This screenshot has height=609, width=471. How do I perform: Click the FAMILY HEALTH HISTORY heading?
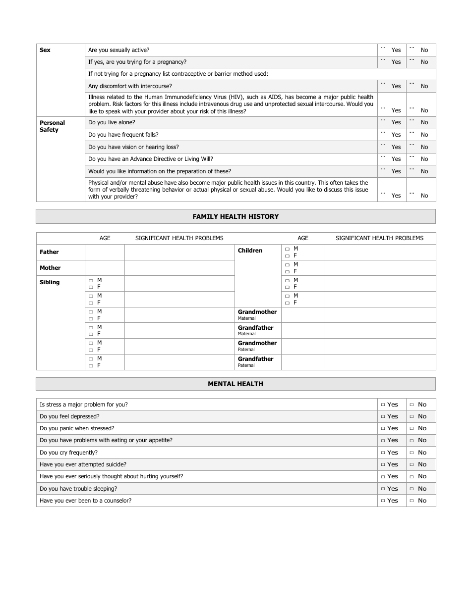coord(235,216)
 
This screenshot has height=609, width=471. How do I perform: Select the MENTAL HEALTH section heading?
coord(235,384)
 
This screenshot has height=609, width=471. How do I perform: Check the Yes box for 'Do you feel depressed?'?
coord(383,417)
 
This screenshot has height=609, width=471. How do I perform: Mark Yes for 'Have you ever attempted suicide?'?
coord(383,465)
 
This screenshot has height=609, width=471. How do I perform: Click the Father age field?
coord(105,253)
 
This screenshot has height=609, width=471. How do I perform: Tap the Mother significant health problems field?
coord(179,268)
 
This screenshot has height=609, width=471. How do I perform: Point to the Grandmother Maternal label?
coord(257,315)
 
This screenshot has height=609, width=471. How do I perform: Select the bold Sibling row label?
coord(50,282)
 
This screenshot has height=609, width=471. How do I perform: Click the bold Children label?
coord(250,251)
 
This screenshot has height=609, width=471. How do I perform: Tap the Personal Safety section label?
coord(52,126)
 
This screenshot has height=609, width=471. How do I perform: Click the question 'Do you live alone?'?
coord(112,122)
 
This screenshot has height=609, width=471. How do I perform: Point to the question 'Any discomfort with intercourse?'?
coord(130,86)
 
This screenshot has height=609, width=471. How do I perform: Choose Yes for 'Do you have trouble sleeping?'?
coord(383,489)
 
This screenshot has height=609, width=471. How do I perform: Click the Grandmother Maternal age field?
coord(303,315)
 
